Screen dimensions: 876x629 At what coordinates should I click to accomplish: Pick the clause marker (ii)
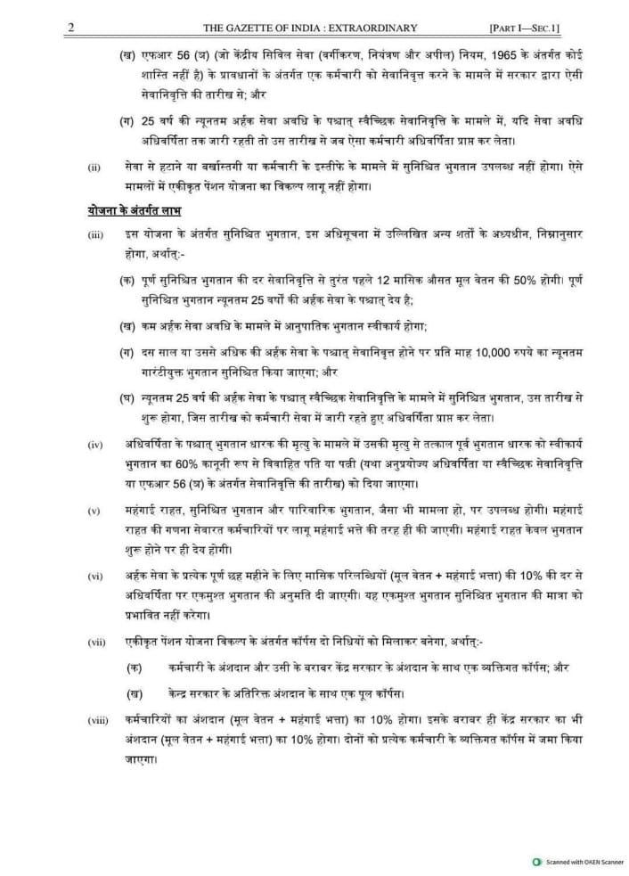coord(93,166)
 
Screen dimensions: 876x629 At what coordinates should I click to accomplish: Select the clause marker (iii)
coord(94,234)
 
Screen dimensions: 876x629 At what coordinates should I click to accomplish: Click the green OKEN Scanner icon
coord(535,863)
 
